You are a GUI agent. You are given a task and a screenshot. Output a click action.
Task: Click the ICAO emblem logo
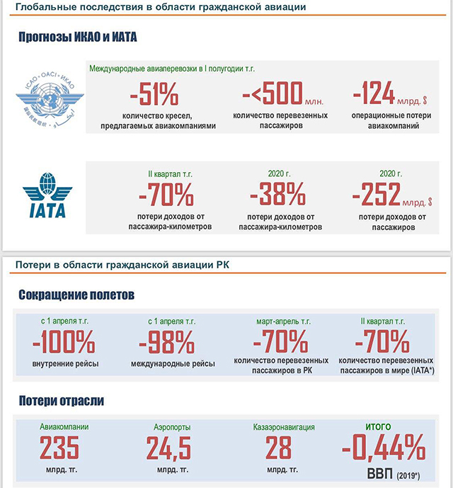click(50, 100)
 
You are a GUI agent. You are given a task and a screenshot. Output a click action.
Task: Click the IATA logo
click(47, 195)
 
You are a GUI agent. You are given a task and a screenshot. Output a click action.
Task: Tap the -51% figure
click(154, 93)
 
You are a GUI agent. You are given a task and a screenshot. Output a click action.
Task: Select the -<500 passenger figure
click(273, 93)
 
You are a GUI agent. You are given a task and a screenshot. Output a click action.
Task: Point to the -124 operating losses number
click(374, 93)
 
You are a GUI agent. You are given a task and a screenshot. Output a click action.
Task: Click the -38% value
click(278, 194)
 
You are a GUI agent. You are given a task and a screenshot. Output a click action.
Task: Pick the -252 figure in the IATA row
click(377, 194)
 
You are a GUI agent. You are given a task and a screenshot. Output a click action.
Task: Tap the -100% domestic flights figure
click(64, 341)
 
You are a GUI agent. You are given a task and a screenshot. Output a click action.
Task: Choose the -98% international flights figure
click(167, 342)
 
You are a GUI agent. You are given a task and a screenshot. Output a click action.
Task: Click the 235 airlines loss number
click(59, 447)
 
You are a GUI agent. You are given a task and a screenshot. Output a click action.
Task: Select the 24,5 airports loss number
click(168, 448)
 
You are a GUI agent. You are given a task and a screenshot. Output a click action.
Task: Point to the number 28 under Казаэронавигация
click(279, 447)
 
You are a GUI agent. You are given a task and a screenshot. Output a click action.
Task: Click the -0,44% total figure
click(384, 447)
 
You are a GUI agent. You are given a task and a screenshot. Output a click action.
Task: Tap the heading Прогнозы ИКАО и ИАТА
click(78, 37)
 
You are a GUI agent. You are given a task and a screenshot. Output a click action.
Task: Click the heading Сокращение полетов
click(76, 295)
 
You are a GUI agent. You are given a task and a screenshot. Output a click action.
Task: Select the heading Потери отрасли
click(62, 401)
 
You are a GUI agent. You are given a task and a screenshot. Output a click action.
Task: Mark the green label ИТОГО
click(378, 426)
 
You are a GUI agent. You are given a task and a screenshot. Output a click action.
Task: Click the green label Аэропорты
click(172, 427)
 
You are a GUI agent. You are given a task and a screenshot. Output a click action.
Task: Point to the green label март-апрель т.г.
click(283, 322)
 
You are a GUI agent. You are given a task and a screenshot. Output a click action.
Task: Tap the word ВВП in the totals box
click(380, 474)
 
